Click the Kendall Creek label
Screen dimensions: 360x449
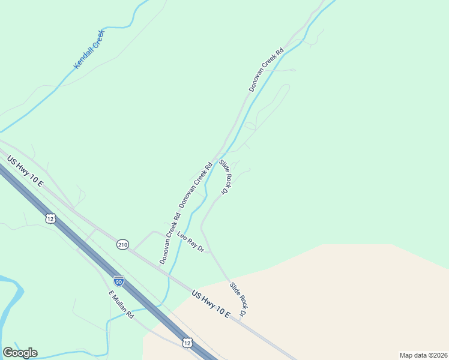pos(89,49)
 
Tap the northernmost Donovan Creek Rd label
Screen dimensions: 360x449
pos(266,70)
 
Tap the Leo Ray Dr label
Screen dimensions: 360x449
pos(191,241)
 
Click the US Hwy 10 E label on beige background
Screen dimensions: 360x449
pos(211,305)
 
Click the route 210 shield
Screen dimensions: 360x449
pos(122,244)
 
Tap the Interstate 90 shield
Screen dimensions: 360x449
pos(119,280)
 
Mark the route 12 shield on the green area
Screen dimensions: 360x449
pos(50,219)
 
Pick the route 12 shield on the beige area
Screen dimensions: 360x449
pos(187,343)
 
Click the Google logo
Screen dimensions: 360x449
pos(20,353)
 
